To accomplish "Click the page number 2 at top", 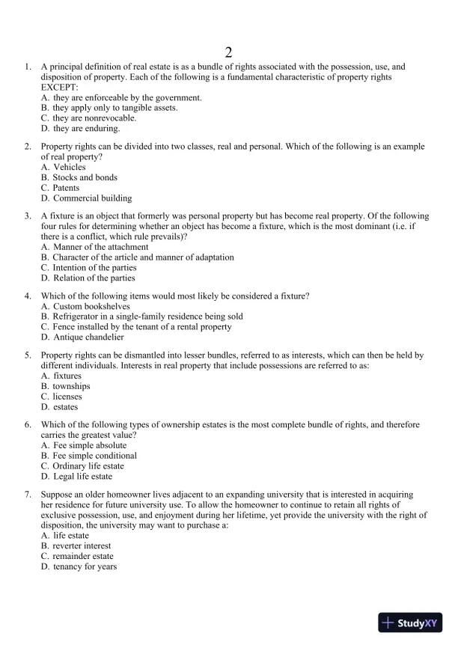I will (228, 52).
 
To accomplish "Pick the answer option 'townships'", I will (71, 386).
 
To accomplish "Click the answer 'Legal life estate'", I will (82, 477).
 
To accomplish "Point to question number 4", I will (28, 296).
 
